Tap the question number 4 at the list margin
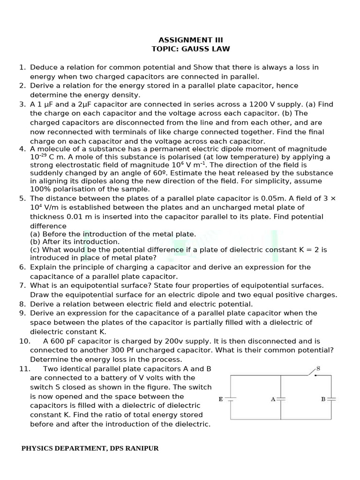22,149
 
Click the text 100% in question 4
39,189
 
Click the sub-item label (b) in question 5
36,241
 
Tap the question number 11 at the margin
25,368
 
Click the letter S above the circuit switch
318,368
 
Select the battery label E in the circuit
221,399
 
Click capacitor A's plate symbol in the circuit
281,399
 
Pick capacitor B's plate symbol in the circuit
332,399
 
